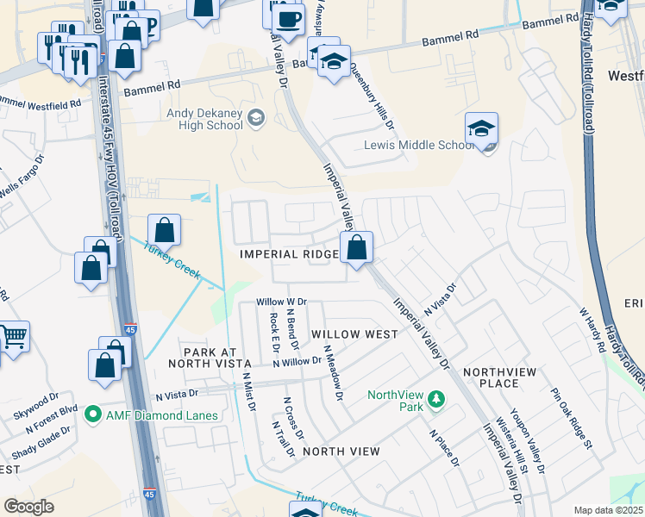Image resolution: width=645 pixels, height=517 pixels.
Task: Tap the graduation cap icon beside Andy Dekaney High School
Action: pos(255,117)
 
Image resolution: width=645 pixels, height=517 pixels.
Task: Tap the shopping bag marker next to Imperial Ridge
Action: pos(356,248)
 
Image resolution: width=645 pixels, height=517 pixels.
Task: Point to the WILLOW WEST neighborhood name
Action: pos(354,333)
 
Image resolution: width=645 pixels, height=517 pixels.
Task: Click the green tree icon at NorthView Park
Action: pos(436,399)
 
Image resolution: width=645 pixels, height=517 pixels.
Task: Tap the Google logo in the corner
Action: pos(28,507)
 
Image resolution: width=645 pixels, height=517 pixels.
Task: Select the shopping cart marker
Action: pos(13,337)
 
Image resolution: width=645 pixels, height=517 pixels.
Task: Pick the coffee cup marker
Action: pos(287,17)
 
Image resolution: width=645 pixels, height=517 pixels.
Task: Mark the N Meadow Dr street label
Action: pos(333,373)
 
